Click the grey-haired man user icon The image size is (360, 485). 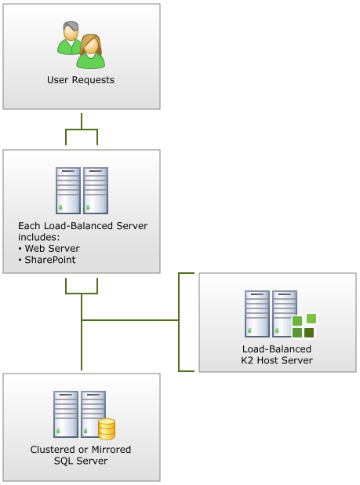click(69, 38)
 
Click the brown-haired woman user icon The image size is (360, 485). click(91, 51)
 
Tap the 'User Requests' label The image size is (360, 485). click(81, 80)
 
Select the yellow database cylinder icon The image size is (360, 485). click(107, 429)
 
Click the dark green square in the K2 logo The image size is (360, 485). click(309, 333)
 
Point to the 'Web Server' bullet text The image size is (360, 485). click(53, 248)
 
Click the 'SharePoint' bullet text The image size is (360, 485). click(50, 260)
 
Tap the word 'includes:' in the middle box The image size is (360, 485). click(38, 237)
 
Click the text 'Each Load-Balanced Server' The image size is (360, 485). click(83, 226)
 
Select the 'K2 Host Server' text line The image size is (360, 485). click(277, 360)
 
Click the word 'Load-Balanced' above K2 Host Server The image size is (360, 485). click(277, 349)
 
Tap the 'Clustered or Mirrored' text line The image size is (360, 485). click(81, 450)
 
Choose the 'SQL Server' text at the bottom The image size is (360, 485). click(81, 461)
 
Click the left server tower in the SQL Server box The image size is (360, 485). click(66, 414)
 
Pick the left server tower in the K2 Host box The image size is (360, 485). click(257, 314)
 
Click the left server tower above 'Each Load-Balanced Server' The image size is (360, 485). click(68, 191)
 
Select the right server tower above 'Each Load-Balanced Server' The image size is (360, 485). click(96, 191)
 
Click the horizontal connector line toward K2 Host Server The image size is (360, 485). click(130, 320)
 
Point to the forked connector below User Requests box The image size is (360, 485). click(82, 129)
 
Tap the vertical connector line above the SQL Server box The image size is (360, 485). click(82, 332)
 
